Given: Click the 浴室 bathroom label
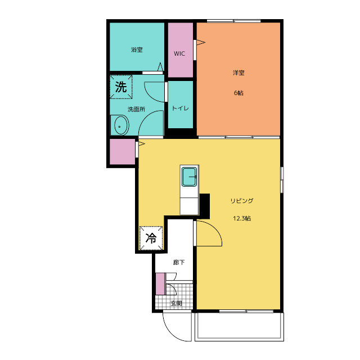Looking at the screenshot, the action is click(137, 49).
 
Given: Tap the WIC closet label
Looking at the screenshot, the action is click(179, 54).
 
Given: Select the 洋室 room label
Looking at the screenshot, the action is click(238, 73).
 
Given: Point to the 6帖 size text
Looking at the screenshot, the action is click(238, 93).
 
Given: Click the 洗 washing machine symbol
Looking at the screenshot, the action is click(121, 87).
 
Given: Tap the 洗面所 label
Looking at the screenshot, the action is click(136, 109).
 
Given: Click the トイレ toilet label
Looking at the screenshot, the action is click(180, 108).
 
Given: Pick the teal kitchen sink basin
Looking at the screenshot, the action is click(190, 177).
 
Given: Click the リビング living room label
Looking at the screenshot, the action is click(242, 201).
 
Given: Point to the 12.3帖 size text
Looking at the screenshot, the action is click(242, 218).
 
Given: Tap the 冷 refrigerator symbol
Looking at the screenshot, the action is click(151, 238).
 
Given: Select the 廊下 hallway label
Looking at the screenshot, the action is click(179, 262).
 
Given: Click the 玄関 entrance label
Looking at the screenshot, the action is click(176, 303).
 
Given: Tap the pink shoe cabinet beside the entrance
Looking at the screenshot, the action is click(160, 283).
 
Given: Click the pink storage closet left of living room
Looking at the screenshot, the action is click(123, 151).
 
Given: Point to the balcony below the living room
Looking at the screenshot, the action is click(239, 327).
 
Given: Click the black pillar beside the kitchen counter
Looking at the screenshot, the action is click(205, 206).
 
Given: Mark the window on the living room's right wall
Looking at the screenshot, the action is click(282, 180).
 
